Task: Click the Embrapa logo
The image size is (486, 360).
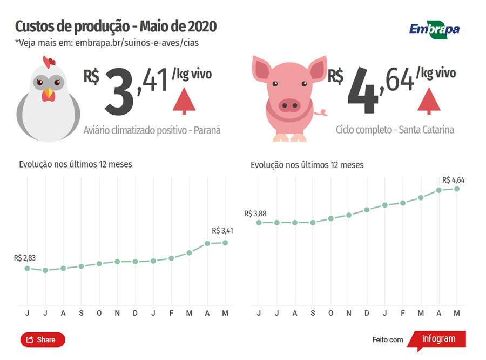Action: (x=434, y=28)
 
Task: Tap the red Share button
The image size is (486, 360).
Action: (x=43, y=339)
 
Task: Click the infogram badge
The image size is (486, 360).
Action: (x=437, y=339)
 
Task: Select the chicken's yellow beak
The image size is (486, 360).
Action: (x=49, y=95)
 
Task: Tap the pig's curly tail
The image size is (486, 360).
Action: (x=322, y=112)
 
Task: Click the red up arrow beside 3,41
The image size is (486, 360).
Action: (x=184, y=101)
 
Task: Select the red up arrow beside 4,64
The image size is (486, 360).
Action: (x=429, y=100)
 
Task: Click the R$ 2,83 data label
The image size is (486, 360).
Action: (x=25, y=258)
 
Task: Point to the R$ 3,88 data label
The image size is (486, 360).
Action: (x=255, y=214)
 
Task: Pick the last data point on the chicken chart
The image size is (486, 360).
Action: (x=225, y=242)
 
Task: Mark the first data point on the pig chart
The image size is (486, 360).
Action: (x=259, y=222)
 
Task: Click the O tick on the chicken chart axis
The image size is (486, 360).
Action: (x=99, y=314)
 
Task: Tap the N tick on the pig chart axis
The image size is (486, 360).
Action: (x=348, y=314)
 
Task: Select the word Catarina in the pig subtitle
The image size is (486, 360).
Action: (x=436, y=130)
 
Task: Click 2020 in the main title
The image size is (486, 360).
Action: (x=201, y=26)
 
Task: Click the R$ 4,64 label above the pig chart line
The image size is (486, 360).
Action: (x=453, y=180)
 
